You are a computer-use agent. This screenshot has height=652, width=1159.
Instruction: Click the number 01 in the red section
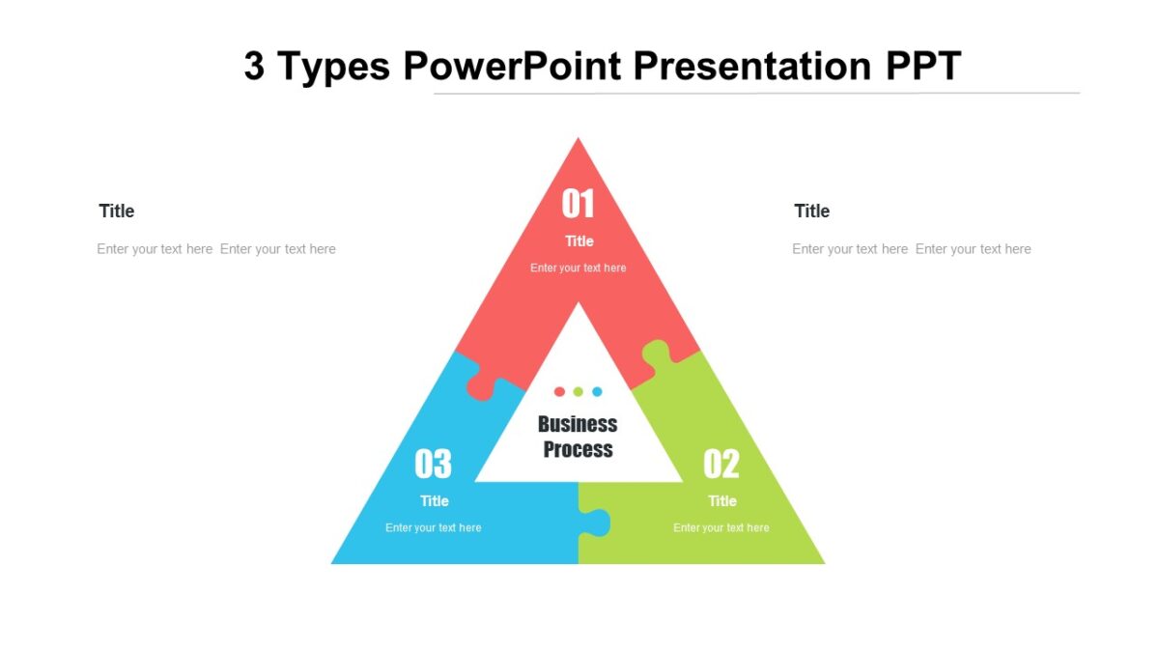[x=579, y=205]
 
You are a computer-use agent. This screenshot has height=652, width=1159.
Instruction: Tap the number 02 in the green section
[x=721, y=465]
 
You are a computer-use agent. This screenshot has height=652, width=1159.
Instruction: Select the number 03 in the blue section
[x=434, y=465]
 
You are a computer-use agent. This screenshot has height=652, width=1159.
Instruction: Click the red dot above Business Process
[x=559, y=391]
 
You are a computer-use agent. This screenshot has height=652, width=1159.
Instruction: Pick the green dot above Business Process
[x=578, y=391]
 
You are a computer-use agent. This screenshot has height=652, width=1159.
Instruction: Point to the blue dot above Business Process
[x=597, y=391]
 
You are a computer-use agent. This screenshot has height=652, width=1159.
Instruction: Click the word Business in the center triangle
[x=578, y=424]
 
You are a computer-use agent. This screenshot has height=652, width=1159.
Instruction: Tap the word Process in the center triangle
[x=578, y=449]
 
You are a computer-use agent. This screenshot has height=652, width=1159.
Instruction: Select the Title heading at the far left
[x=117, y=211]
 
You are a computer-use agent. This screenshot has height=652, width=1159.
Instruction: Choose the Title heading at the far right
[x=812, y=211]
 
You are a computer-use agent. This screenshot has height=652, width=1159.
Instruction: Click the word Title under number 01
[x=579, y=241]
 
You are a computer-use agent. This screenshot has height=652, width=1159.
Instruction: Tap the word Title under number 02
[x=722, y=501]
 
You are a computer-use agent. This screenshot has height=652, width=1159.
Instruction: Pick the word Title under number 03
[x=435, y=501]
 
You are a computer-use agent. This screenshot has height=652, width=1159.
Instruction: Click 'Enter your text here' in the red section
[x=579, y=268]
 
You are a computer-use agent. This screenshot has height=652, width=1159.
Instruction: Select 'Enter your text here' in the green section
[x=721, y=527]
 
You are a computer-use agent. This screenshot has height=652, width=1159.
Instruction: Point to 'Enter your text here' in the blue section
[x=434, y=527]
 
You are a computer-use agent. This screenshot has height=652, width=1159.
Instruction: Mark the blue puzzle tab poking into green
[x=597, y=523]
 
